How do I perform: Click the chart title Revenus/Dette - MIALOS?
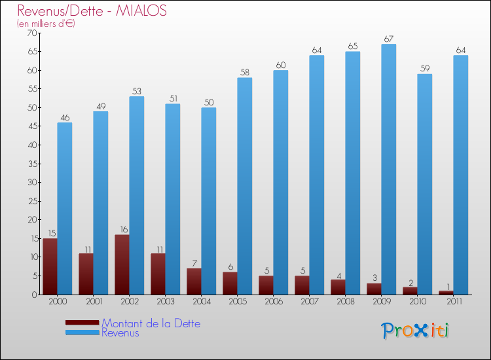click(x=92, y=10)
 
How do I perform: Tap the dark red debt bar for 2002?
click(x=122, y=264)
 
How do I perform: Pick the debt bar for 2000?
click(x=50, y=266)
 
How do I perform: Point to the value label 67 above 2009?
click(x=389, y=39)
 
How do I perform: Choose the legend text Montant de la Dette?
click(x=151, y=323)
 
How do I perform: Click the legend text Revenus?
click(x=120, y=333)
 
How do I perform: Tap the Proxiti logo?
click(x=415, y=331)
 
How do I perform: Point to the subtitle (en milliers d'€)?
click(x=46, y=24)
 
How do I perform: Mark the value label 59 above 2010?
click(x=425, y=69)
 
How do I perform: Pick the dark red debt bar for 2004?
click(x=194, y=281)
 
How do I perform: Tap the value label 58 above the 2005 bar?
click(x=245, y=73)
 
